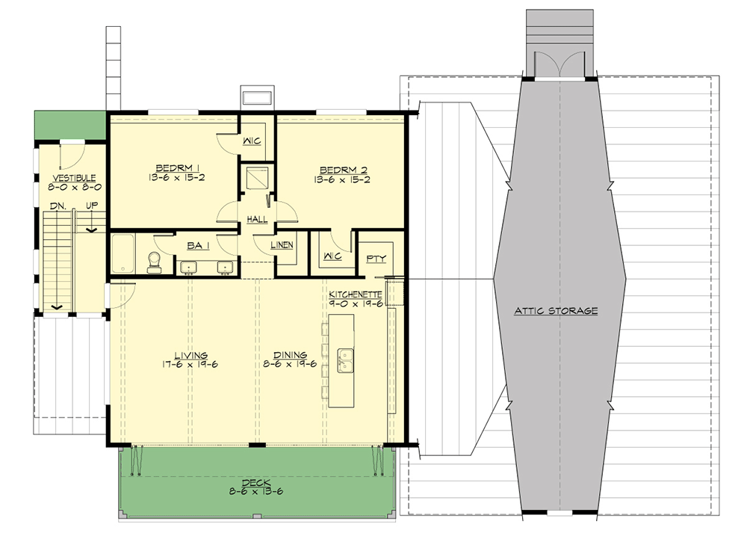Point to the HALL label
(258, 219)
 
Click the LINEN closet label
(282, 244)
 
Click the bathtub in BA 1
(122, 254)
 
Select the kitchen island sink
(346, 361)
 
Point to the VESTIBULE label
(72, 177)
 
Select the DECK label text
(258, 482)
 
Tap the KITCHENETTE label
(356, 295)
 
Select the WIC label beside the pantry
(332, 256)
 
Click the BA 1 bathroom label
(196, 244)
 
